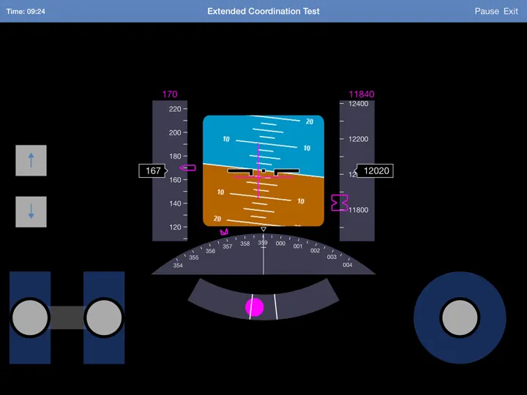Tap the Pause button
(487, 11)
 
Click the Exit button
(511, 11)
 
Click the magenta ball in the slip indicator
(255, 307)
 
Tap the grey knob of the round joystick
(460, 317)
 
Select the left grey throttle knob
(30, 317)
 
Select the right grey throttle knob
(104, 317)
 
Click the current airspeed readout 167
(153, 170)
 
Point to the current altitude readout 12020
(375, 170)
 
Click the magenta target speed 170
(170, 94)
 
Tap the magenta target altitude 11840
(362, 94)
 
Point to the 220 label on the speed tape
(175, 109)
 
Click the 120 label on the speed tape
(175, 227)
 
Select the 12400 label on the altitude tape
(358, 104)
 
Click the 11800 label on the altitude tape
(358, 210)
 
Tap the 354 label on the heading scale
(178, 266)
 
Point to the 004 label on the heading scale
(348, 265)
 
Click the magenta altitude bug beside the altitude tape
(339, 203)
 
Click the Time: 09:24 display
(26, 12)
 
